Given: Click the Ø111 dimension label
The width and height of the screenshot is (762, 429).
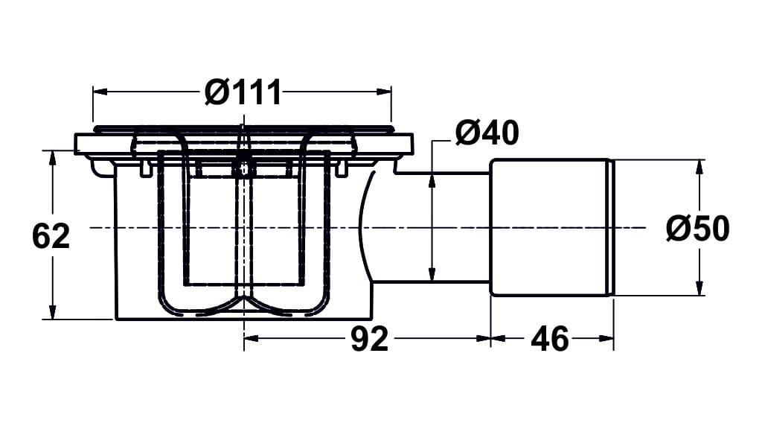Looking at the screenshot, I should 243,93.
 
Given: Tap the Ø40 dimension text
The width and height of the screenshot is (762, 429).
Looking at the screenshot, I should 487,133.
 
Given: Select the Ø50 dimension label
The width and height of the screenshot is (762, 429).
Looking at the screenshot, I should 697,229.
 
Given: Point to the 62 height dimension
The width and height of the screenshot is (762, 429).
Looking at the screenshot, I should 51,236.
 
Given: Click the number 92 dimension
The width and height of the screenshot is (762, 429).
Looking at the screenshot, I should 370,339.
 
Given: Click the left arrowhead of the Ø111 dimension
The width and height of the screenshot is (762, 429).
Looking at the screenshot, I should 99,92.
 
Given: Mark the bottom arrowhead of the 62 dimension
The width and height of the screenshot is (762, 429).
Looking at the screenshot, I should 51,313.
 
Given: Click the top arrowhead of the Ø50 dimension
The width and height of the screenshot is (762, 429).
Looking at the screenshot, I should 699,166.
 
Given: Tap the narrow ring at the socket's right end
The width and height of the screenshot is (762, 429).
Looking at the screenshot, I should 612,227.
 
